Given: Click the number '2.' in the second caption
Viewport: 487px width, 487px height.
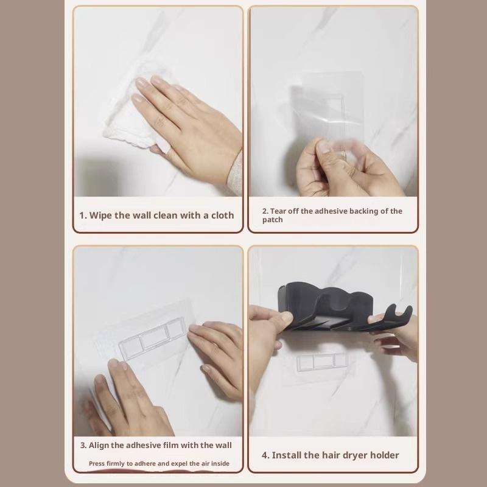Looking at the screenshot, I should click(x=265, y=211).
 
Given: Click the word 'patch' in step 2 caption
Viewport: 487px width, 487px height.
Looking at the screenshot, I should click(x=273, y=220).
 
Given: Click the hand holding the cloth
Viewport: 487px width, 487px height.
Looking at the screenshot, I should click(x=189, y=131).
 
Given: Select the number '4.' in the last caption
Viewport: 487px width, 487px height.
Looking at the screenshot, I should click(x=265, y=455).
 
